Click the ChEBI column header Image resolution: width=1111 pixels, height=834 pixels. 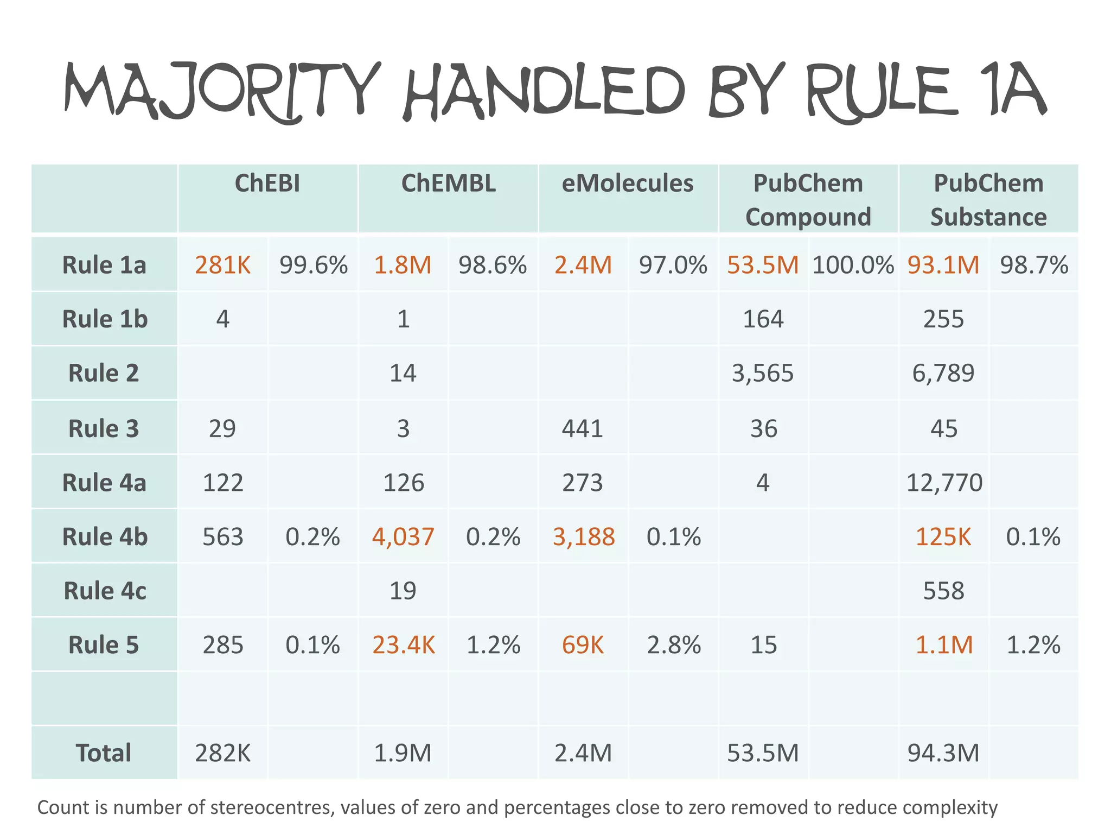pos(267,184)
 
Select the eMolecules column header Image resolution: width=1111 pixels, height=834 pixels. pos(627,184)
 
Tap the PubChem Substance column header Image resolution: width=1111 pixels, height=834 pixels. pos(988,200)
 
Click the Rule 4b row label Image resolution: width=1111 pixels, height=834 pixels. pos(105,536)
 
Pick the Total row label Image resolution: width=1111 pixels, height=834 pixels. pos(104,753)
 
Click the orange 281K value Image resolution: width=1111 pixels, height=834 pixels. pos(222,265)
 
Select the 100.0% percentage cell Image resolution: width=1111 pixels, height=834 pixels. pos(853,265)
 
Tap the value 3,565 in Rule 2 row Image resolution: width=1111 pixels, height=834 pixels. pos(763,373)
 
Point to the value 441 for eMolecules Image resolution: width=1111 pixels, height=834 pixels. pos(583,428)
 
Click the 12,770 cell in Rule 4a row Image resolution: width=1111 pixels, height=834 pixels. pos(944,482)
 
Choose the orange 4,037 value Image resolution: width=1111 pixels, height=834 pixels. pos(403,536)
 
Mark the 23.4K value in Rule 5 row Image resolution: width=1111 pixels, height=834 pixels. pos(403,645)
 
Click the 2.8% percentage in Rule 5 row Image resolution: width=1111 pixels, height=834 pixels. pos(674,645)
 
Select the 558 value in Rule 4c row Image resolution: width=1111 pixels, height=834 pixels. pos(944,591)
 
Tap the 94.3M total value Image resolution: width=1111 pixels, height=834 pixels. pos(943,753)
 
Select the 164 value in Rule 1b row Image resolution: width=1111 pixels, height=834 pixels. pos(763,319)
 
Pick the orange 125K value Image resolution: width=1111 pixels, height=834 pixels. pos(943,536)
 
